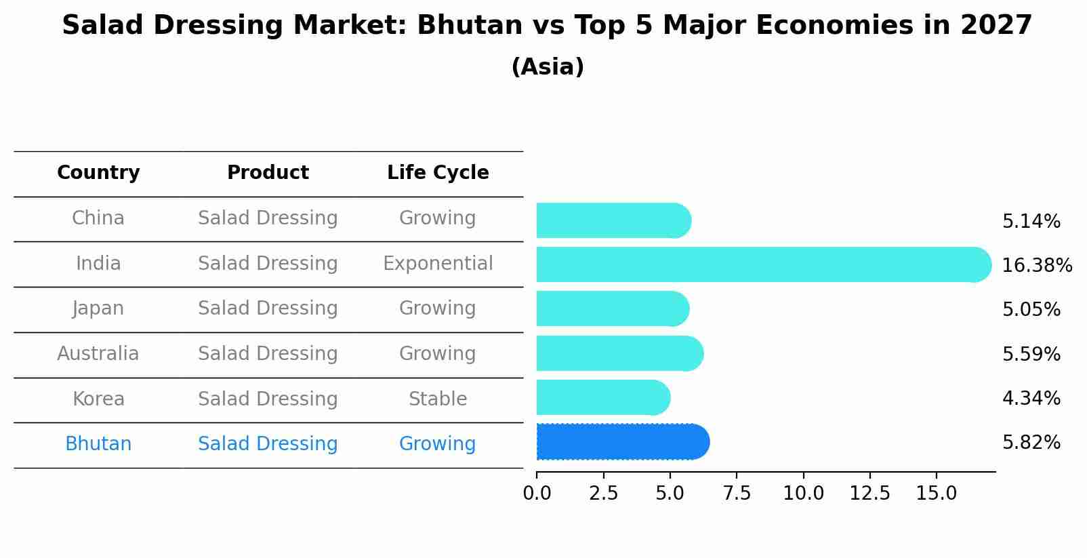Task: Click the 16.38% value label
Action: pos(1036,265)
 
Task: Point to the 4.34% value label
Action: pos(1031,398)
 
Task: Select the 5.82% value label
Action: pos(1031,443)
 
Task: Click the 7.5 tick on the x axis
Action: pos(737,493)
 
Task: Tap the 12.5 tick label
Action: pos(869,493)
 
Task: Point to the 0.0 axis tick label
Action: pos(537,493)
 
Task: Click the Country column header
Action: pos(98,173)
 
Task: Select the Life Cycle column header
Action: pos(438,173)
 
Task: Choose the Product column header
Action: pos(268,173)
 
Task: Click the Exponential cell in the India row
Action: pos(438,263)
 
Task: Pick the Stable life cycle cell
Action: pos(438,399)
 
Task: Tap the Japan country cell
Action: pos(98,308)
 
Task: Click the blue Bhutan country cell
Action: pos(98,444)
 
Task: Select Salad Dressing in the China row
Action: pos(268,218)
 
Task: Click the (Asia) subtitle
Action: pos(548,67)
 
